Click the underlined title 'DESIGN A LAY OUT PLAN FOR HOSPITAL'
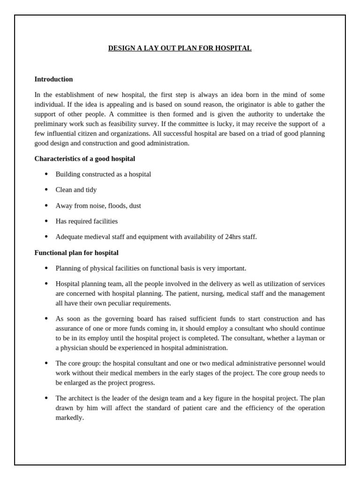pyautogui.click(x=180, y=48)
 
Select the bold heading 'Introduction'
pyautogui.click(x=53, y=79)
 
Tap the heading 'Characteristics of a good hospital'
pyautogui.click(x=84, y=159)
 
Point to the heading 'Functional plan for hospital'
pyautogui.click(x=76, y=253)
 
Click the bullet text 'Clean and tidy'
pyautogui.click(x=76, y=190)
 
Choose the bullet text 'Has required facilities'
pyautogui.click(x=86, y=221)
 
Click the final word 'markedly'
pyautogui.click(x=69, y=418)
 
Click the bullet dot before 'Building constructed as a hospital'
pyautogui.click(x=46, y=174)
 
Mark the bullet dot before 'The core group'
pyautogui.click(x=46, y=363)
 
